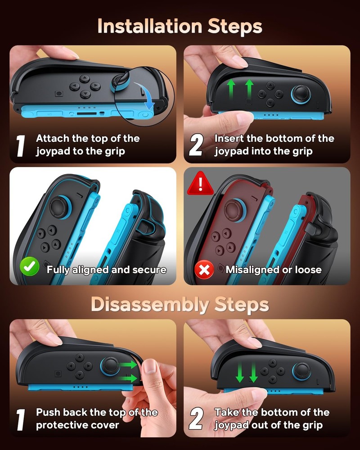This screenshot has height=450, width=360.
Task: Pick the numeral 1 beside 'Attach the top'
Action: (x=21, y=145)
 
